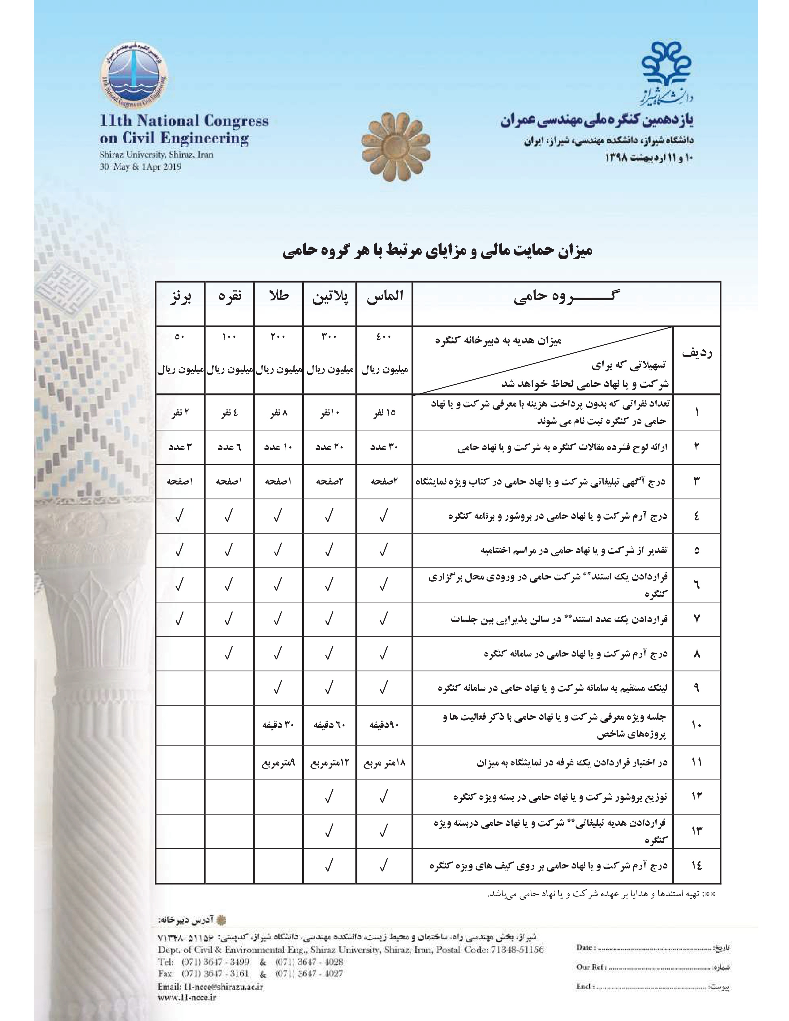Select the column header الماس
click(x=384, y=297)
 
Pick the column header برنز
click(x=180, y=297)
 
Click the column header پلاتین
click(x=330, y=297)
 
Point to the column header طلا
click(x=278, y=297)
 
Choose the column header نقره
click(x=229, y=297)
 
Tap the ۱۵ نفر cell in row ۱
click(x=384, y=412)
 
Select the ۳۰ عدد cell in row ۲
click(x=384, y=447)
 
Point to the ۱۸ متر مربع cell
click(x=384, y=763)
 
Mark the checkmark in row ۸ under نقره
click(x=229, y=653)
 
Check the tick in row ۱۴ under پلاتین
click(x=329, y=865)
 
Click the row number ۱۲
click(x=696, y=797)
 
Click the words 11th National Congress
click(x=184, y=121)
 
